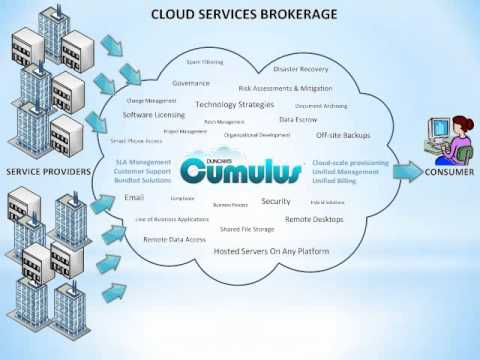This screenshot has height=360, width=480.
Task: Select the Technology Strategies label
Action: tap(234, 104)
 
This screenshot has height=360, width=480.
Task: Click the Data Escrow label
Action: tap(298, 119)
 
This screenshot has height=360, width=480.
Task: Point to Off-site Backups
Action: tap(343, 135)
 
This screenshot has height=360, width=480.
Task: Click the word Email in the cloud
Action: tap(134, 198)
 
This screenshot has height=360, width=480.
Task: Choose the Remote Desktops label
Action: tap(314, 218)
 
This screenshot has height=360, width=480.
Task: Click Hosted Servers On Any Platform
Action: tap(271, 250)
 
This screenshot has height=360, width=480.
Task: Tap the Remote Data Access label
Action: tap(174, 239)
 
